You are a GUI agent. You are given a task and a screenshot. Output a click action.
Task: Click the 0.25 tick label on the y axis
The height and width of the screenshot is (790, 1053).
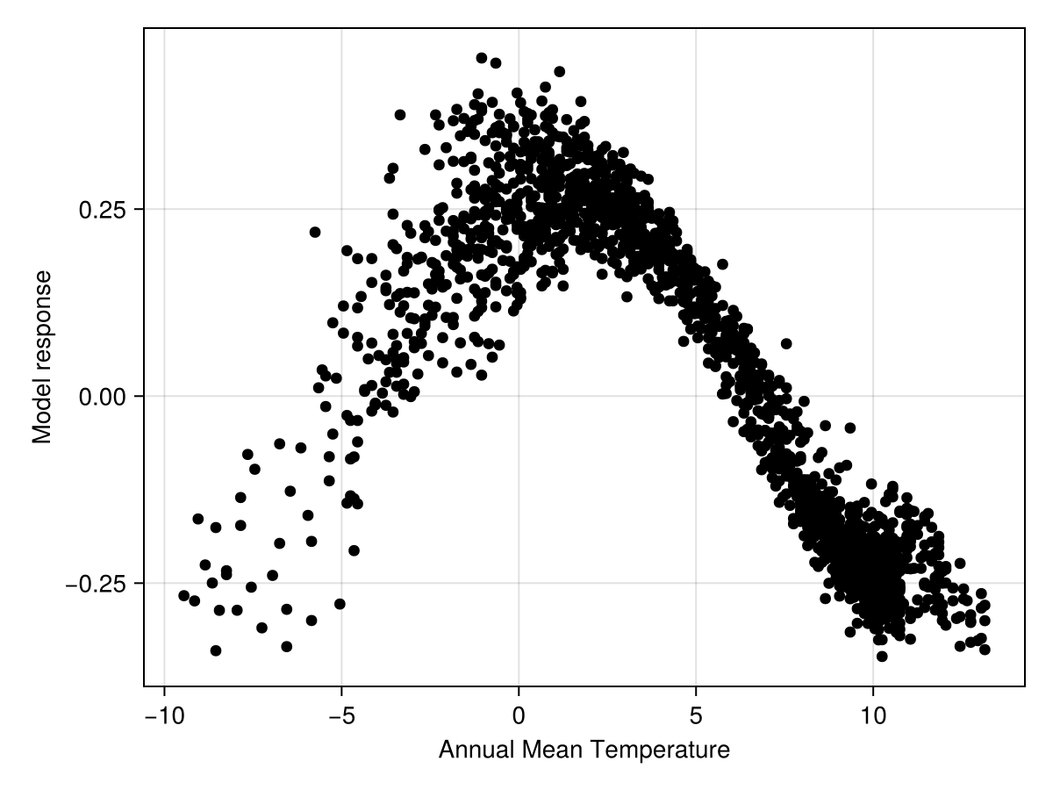coord(104,210)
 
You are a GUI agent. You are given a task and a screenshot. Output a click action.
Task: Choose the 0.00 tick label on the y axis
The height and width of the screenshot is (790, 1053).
coord(104,397)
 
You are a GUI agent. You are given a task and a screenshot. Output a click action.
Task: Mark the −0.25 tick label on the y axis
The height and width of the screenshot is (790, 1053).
coord(97,584)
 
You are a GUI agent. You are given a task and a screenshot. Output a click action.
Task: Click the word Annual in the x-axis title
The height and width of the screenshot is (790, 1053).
coord(472,750)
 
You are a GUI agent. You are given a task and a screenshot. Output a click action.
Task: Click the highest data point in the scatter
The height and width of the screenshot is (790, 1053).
coord(481,58)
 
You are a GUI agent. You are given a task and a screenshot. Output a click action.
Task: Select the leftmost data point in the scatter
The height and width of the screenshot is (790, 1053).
coord(183,595)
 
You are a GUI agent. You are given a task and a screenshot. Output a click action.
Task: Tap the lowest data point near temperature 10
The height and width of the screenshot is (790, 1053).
coord(882,656)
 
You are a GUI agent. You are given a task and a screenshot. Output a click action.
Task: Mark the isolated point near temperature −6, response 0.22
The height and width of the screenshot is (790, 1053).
coord(315,232)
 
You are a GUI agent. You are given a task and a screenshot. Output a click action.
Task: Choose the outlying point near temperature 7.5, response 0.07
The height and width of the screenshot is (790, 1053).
coord(786,343)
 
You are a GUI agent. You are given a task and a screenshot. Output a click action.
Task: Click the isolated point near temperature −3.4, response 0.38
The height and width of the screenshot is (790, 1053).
coord(400,114)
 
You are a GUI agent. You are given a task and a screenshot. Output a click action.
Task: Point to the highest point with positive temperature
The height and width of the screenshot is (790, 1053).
coord(559,71)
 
